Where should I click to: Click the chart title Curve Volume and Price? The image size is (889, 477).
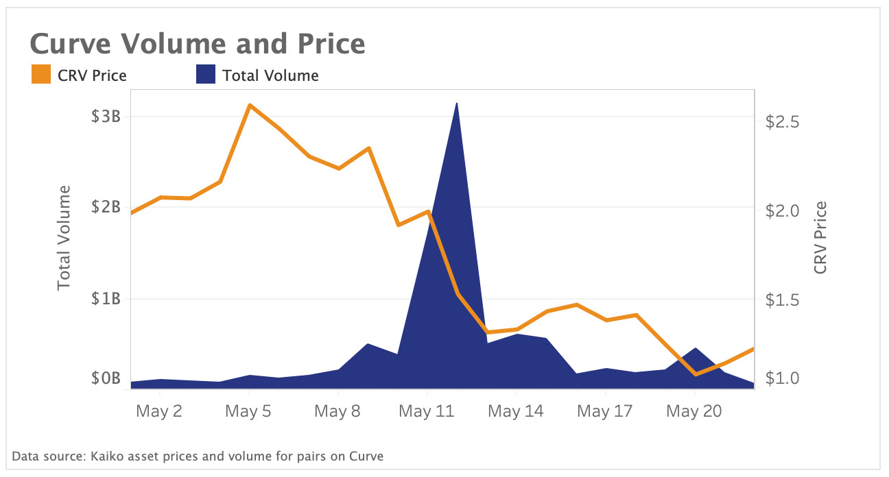(198, 45)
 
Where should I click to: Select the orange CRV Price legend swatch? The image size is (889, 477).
(41, 75)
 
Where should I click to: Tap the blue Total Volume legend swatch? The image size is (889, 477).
(206, 75)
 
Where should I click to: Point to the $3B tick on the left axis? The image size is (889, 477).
(106, 116)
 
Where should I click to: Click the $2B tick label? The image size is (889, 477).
(106, 207)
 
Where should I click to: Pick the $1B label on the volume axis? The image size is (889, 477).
(106, 299)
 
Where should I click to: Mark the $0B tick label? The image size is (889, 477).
(106, 378)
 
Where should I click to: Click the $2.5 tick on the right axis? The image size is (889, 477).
(783, 122)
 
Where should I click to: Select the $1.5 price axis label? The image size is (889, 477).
(783, 299)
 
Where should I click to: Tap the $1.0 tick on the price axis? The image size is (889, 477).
(783, 378)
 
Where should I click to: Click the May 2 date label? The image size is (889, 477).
(158, 411)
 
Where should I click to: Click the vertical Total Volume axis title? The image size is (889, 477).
(64, 237)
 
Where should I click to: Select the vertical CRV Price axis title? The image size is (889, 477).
(820, 237)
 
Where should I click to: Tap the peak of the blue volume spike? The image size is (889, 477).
(457, 103)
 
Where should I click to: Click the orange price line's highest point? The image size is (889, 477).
(250, 106)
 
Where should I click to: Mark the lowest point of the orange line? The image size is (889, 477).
(696, 374)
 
